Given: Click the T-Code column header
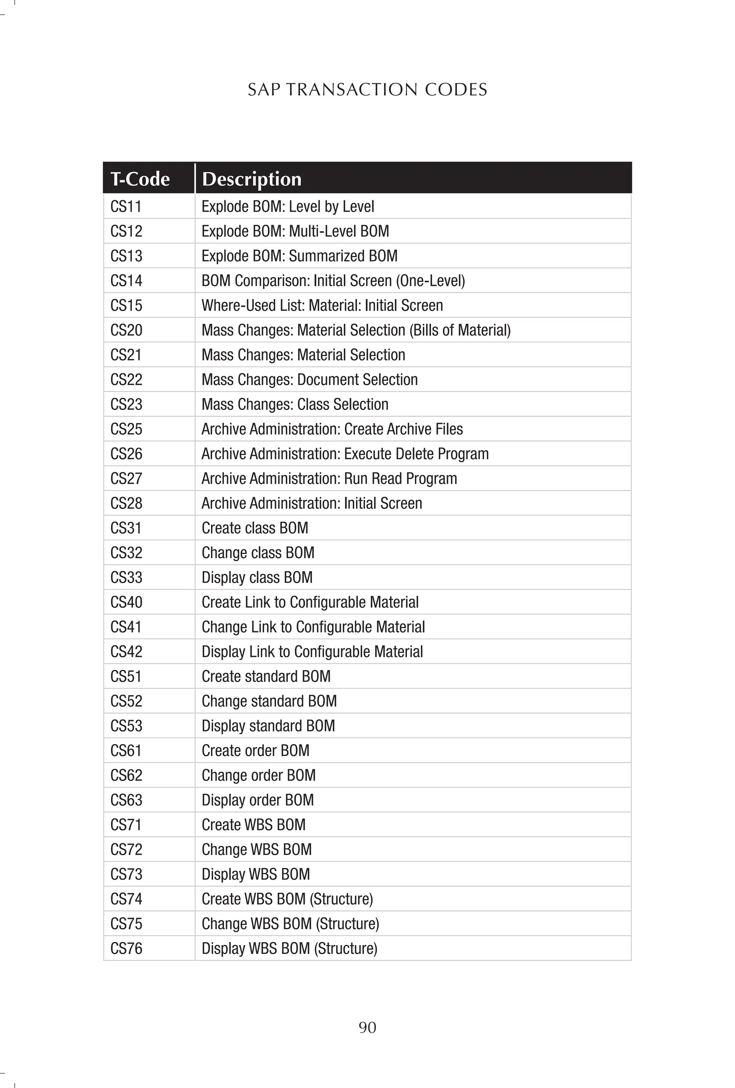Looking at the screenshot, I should click(140, 179).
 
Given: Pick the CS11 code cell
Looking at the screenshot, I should click(126, 206).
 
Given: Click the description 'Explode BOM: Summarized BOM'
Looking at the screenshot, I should click(299, 256).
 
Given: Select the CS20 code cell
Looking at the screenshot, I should click(126, 330).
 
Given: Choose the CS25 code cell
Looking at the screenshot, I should click(126, 429).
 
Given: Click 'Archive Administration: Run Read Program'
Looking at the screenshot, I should click(329, 478).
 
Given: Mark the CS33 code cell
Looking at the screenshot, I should click(126, 577).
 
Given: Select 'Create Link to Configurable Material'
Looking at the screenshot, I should click(310, 602).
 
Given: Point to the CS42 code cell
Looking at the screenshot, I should click(126, 652).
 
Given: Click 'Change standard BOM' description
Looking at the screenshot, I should click(269, 701).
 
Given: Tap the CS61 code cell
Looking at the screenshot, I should click(126, 751).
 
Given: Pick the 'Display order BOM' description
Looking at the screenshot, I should click(257, 800).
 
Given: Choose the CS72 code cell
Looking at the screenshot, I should click(126, 849).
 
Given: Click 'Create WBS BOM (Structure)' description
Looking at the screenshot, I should click(287, 899).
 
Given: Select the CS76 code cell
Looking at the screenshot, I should click(126, 948).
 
